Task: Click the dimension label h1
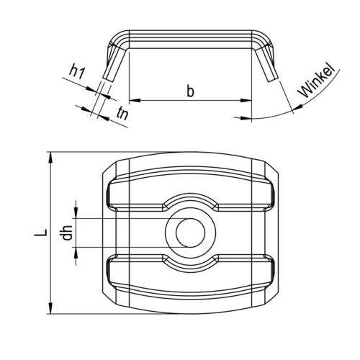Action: [x=77, y=72]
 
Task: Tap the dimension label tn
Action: [x=122, y=114]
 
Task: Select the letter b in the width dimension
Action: [x=190, y=91]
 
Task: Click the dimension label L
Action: [x=40, y=233]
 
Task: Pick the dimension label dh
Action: [x=67, y=233]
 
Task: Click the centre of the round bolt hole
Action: [x=191, y=233]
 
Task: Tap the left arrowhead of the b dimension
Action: [x=135, y=100]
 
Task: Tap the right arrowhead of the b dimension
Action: [x=246, y=100]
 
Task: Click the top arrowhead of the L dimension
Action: [x=50, y=157]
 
